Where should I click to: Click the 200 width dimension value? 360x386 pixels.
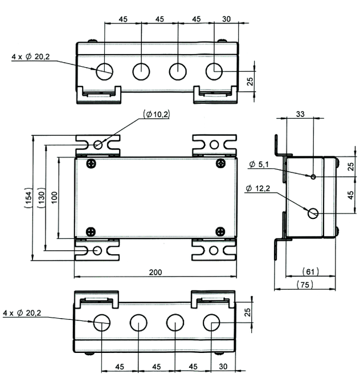pos(156,272)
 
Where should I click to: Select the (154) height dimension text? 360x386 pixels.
pos(28,198)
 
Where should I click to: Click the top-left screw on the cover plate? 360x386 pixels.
pos(91,164)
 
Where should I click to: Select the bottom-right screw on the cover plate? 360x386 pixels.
pos(220,231)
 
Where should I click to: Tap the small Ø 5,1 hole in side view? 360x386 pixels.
pos(313,176)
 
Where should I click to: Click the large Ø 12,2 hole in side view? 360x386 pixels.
pos(313,213)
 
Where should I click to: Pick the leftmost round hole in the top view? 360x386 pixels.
pos(104,71)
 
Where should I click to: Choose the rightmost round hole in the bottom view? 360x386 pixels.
pos(211,322)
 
